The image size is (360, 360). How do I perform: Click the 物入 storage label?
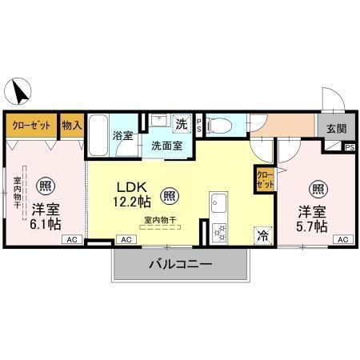click(x=72, y=125)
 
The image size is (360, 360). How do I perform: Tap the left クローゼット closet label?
click(x=32, y=126)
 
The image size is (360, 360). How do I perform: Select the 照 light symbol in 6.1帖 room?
click(x=48, y=183)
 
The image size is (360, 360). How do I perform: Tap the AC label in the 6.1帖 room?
click(x=70, y=239)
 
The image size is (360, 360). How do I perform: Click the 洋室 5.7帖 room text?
click(x=313, y=219)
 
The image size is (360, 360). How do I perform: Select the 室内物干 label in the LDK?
click(x=160, y=220)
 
